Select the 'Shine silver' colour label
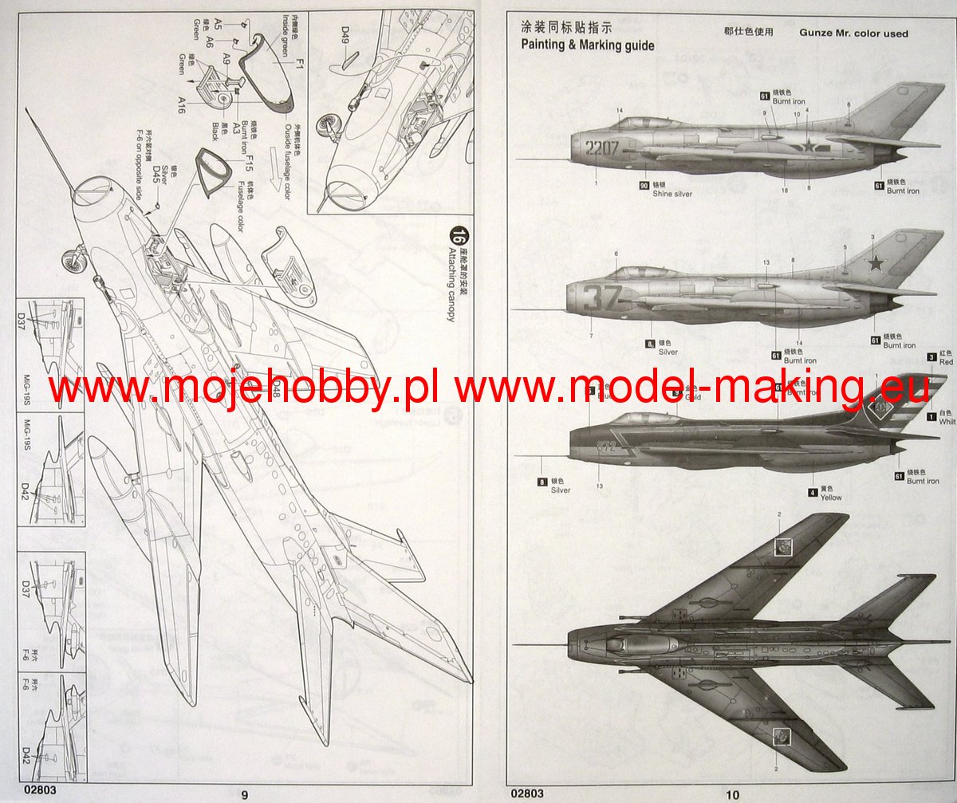[x=672, y=194]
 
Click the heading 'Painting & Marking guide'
[x=588, y=45]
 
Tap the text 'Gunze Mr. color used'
[x=853, y=33]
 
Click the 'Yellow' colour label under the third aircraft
[x=831, y=498]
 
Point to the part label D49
[x=345, y=34]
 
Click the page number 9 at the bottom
[x=245, y=794]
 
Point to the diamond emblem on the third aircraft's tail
[x=880, y=411]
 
